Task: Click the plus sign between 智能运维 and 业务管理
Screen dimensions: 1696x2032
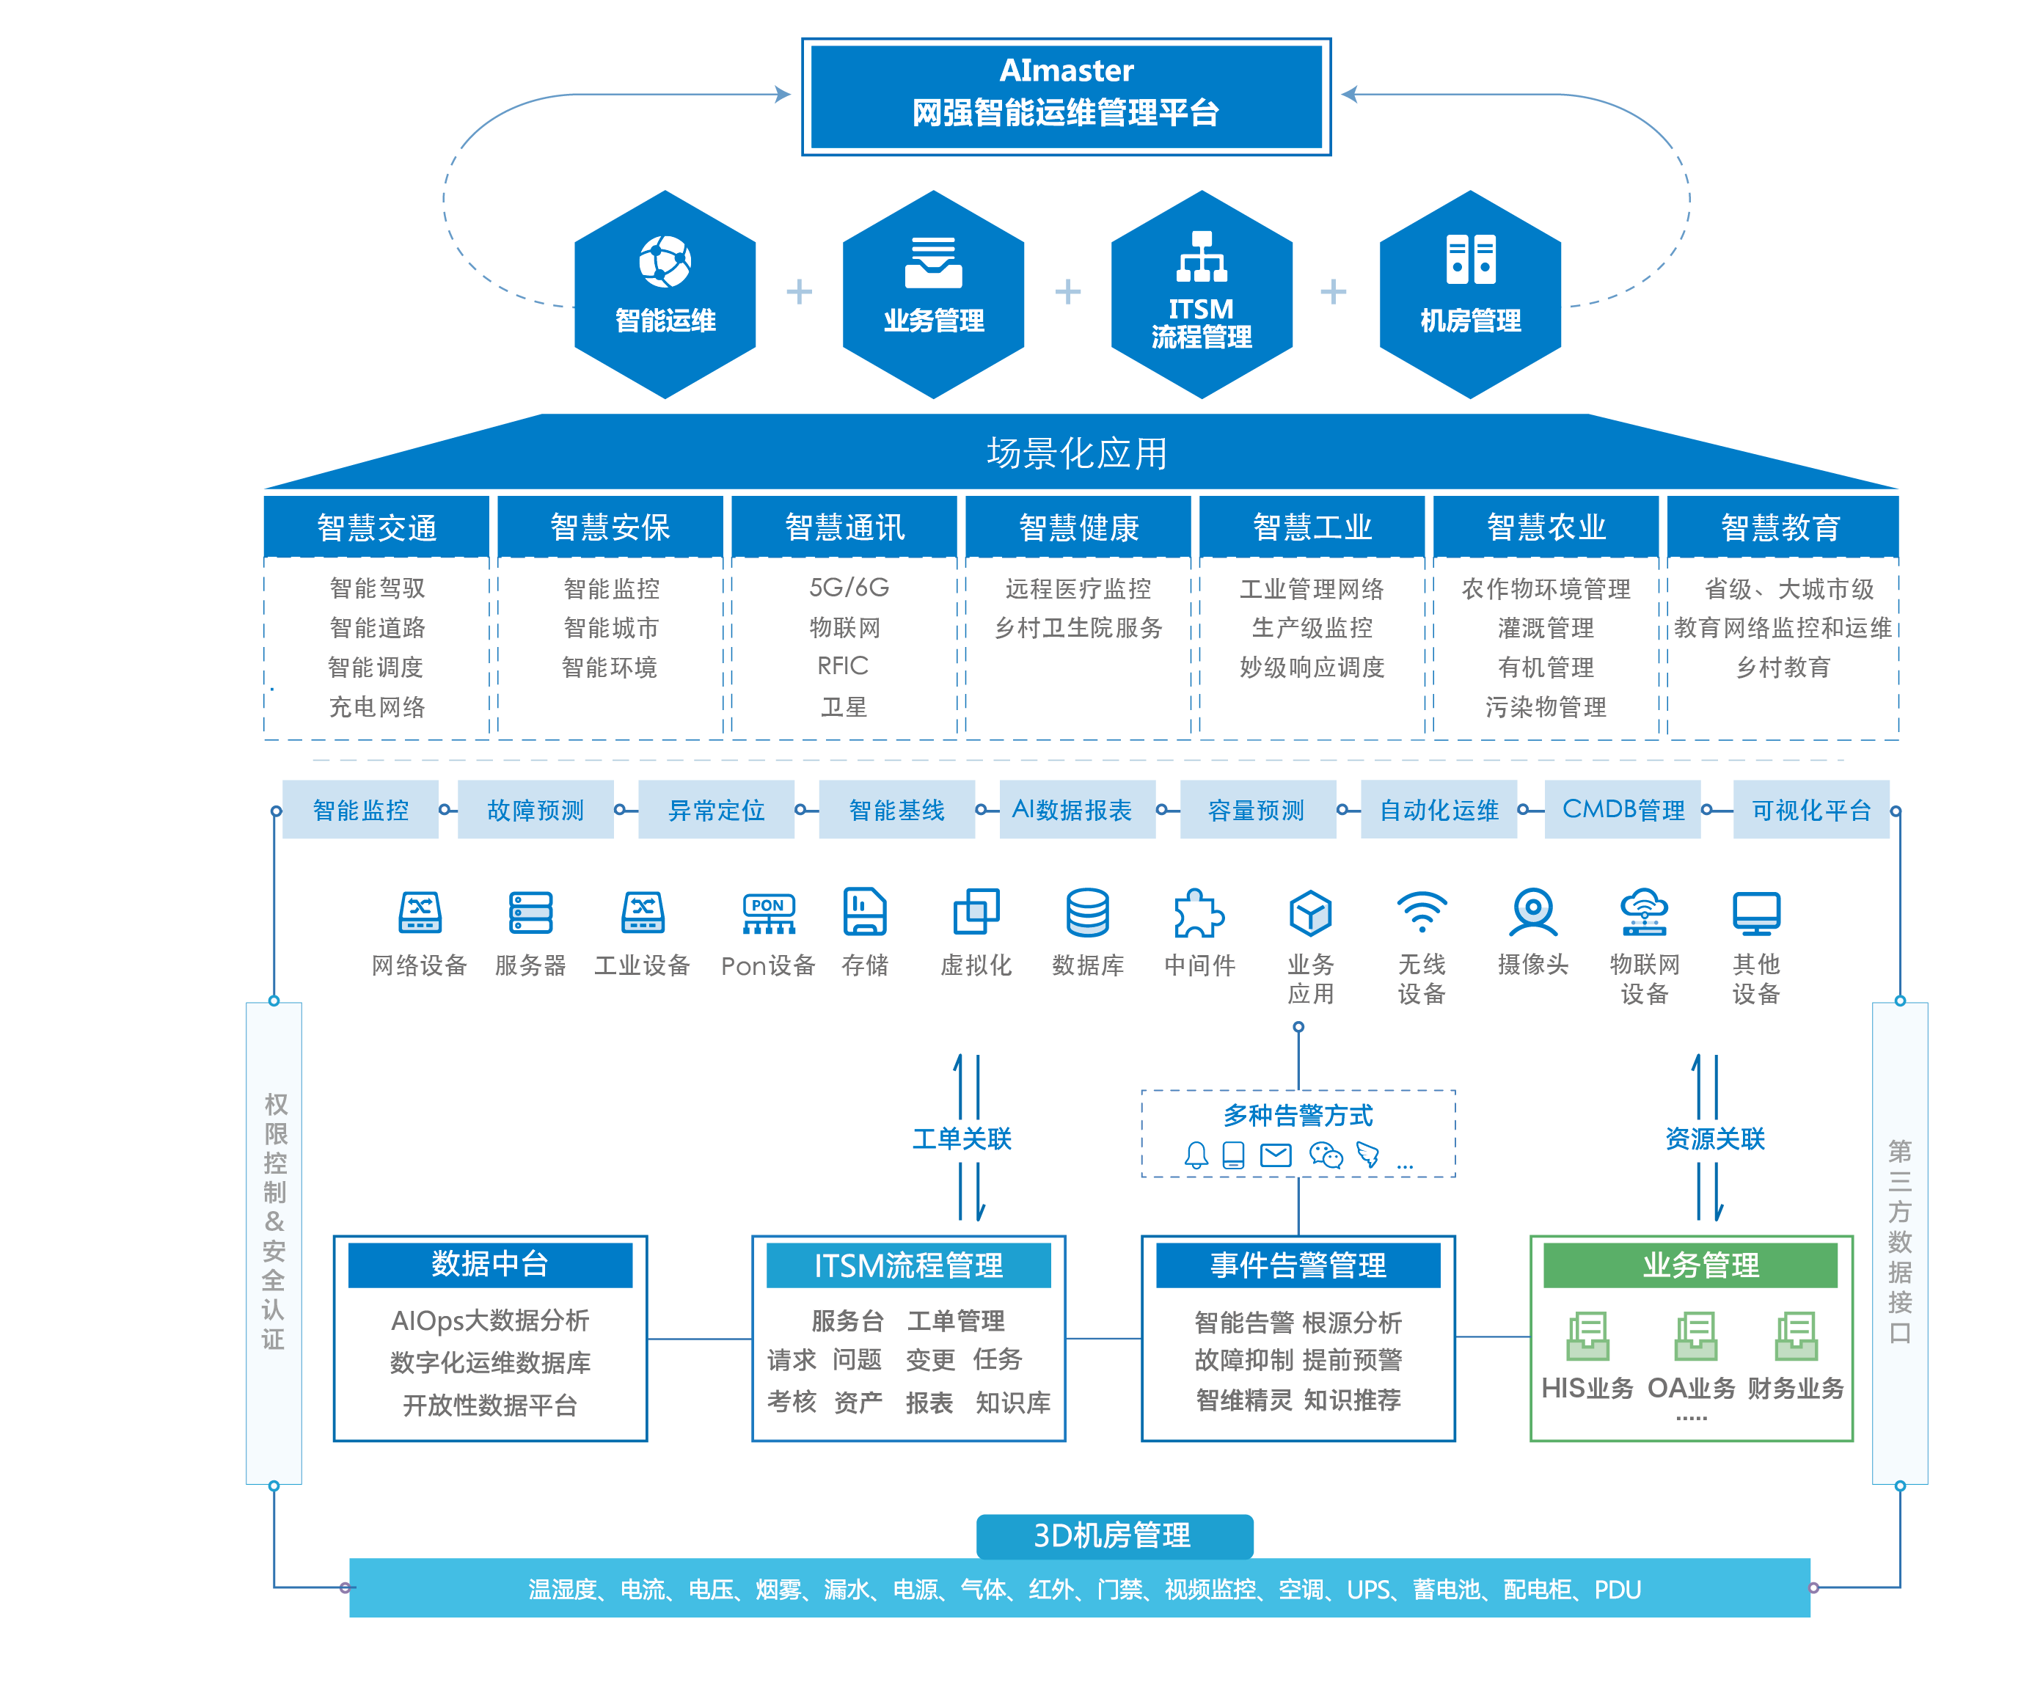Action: coord(798,291)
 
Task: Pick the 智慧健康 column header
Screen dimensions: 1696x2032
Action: coord(1078,527)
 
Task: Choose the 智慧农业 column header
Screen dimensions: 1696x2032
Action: coord(1546,527)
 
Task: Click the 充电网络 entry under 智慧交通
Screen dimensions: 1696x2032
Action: coord(377,707)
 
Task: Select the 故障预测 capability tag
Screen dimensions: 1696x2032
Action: coord(535,810)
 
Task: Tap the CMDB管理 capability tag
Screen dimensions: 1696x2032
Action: coord(1623,810)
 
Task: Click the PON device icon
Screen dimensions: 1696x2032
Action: coord(768,913)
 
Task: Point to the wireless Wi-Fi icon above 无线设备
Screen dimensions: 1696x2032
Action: coord(1422,911)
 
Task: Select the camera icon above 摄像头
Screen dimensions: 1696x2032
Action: coord(1532,911)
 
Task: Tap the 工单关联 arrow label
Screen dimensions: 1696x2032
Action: coord(962,1138)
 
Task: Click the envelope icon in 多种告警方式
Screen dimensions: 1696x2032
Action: coord(1276,1155)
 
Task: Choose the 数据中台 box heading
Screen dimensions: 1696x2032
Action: coord(489,1263)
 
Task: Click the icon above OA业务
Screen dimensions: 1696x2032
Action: coord(1695,1336)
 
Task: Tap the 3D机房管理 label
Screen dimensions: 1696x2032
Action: coord(1114,1535)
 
